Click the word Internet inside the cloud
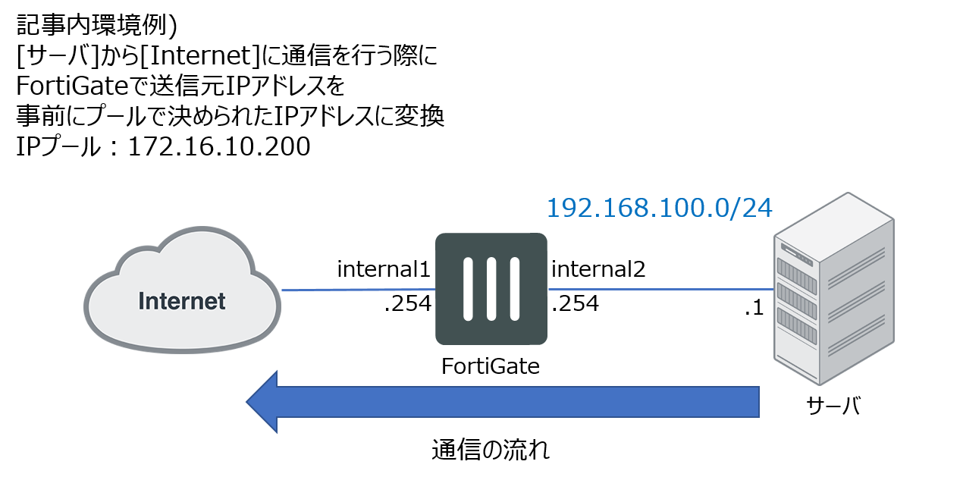(x=182, y=301)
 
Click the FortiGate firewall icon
(x=491, y=289)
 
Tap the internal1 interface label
(x=384, y=269)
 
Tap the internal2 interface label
(x=598, y=269)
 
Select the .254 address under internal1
(x=407, y=303)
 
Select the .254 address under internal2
(x=575, y=303)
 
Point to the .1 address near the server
(x=754, y=308)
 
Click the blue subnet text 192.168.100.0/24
(x=660, y=208)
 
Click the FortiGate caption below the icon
(x=491, y=366)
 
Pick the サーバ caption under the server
(x=833, y=406)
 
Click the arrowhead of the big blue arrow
(x=262, y=402)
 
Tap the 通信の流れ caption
(x=491, y=450)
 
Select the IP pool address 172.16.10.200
(x=219, y=146)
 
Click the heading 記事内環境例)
(x=96, y=25)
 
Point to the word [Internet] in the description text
(x=200, y=55)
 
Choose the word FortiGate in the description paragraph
(x=72, y=86)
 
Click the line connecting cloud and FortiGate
(x=359, y=290)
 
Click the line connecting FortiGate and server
(x=660, y=289)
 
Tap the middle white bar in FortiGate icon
(x=491, y=289)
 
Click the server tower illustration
(x=834, y=289)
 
